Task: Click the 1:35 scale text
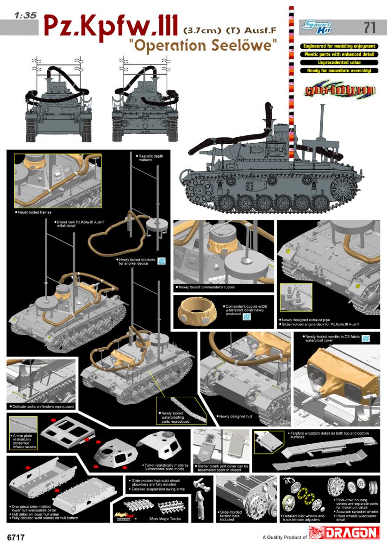(22, 15)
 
